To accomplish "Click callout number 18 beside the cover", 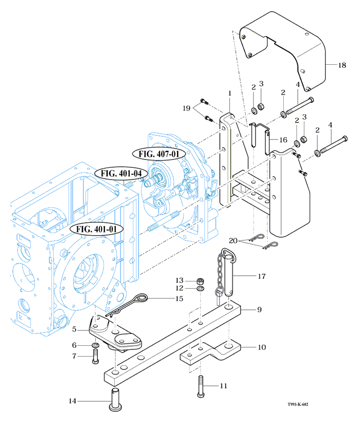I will pyautogui.click(x=342, y=65).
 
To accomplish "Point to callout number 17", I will pyautogui.click(x=262, y=276).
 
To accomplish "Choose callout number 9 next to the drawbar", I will pyautogui.click(x=260, y=310).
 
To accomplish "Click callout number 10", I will pyautogui.click(x=262, y=347).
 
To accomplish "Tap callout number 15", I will pyautogui.click(x=180, y=298).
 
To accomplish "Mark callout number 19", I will pyautogui.click(x=186, y=109).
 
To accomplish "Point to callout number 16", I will pyautogui.click(x=283, y=139).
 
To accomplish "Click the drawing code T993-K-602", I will pyautogui.click(x=301, y=404).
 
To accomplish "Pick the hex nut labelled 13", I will pyautogui.click(x=200, y=281).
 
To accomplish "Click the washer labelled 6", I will pyautogui.click(x=95, y=345).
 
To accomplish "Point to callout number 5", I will pyautogui.click(x=75, y=329).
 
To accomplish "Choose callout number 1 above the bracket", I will pyautogui.click(x=230, y=93).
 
